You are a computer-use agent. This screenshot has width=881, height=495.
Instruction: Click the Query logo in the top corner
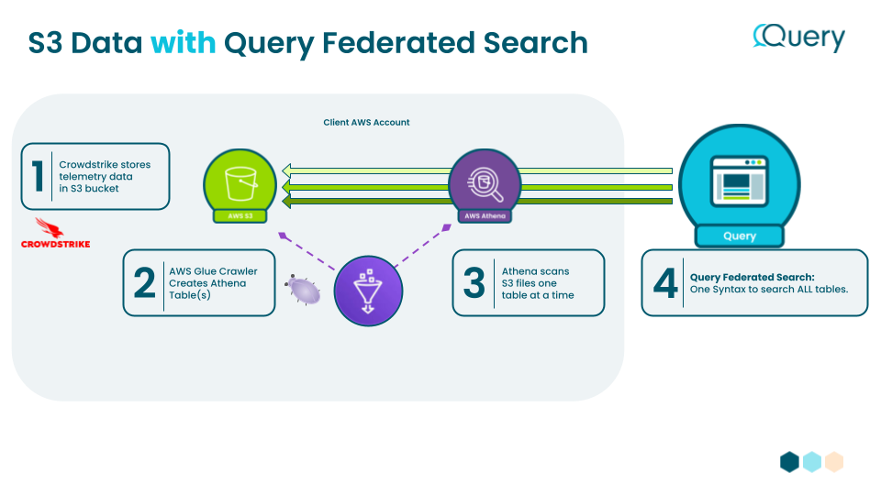point(798,38)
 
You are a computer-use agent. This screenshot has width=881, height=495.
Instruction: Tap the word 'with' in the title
point(184,43)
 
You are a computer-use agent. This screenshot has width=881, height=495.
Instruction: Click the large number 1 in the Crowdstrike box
point(37,175)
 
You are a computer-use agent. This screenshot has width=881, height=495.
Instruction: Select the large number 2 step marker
point(144,283)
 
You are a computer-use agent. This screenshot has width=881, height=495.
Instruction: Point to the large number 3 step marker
point(474,283)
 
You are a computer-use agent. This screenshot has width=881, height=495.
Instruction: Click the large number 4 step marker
point(664,283)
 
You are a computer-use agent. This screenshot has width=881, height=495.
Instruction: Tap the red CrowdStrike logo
point(55,233)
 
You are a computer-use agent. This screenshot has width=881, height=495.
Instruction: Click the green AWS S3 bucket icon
point(240,181)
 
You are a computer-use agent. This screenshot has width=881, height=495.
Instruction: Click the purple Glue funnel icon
point(368,290)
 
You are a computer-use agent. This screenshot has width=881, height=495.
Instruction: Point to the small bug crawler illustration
point(304,290)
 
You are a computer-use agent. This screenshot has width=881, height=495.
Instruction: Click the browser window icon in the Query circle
point(739,180)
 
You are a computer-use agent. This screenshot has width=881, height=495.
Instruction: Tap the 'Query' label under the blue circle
point(739,236)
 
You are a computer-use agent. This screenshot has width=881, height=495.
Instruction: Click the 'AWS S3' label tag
point(240,216)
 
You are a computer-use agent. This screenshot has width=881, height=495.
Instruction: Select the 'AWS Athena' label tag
point(485,216)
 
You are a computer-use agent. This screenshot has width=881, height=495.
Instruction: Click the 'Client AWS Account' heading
point(366,122)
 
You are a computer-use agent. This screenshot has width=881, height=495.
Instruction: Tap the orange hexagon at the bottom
point(833,461)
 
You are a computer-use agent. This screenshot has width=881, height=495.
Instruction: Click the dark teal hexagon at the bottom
point(789,461)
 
